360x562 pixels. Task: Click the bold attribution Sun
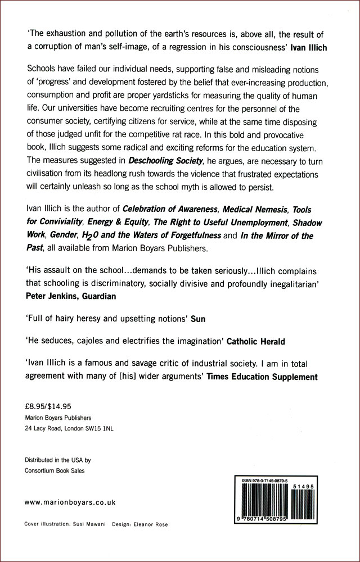pos(198,319)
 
